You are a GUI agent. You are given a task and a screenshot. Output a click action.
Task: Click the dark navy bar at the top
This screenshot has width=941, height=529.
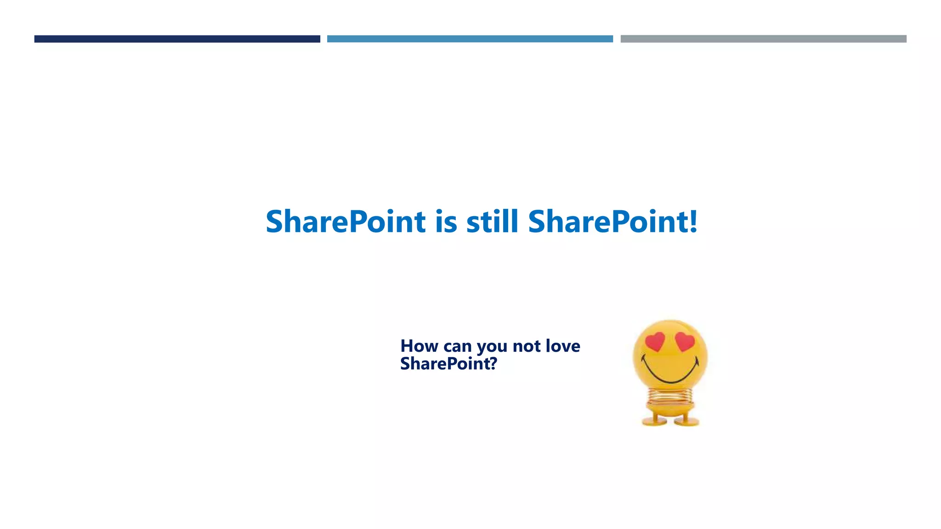coord(177,39)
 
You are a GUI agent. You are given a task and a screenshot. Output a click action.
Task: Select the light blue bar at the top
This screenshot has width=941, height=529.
coord(470,39)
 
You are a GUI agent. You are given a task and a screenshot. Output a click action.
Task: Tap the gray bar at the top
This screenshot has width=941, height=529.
coord(763,39)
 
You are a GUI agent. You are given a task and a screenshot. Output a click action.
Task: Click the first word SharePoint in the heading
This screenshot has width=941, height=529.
coord(346,222)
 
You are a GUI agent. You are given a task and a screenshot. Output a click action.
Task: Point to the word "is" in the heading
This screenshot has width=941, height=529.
coord(446,222)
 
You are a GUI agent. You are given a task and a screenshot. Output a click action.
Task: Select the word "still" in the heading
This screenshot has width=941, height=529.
coord(492,222)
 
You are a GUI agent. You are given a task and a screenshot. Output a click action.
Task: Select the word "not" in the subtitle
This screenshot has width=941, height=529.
coord(526,346)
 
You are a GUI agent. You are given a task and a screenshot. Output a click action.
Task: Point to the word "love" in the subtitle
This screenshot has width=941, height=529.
coord(562,346)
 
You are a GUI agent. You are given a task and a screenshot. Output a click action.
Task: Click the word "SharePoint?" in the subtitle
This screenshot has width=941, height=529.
coord(448,364)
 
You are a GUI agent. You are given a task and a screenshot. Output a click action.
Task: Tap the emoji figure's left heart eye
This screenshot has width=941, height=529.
coord(655,341)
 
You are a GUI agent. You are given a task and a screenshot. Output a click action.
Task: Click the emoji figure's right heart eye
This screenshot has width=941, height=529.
coord(685,341)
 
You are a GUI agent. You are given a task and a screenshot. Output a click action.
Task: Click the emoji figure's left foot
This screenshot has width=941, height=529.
coord(655,420)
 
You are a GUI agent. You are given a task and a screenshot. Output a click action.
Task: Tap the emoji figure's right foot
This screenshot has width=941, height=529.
coord(687,420)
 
